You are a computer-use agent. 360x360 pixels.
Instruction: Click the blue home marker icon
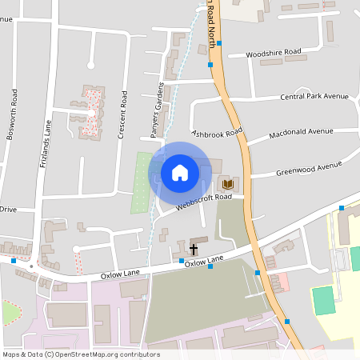point(180,172)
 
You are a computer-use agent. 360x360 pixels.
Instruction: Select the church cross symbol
point(193,250)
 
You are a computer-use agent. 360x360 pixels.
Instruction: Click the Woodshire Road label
point(275,53)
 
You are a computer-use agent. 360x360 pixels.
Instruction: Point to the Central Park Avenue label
point(314,96)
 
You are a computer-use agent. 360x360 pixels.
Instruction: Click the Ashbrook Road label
point(217,133)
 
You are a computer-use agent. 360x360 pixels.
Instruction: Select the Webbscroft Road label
point(204,198)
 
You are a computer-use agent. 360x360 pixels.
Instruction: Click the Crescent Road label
point(123,114)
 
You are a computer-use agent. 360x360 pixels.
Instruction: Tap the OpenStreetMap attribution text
point(80,354)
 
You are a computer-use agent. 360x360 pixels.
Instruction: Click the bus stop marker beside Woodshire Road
point(210,64)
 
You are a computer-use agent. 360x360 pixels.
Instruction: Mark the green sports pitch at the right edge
point(324,300)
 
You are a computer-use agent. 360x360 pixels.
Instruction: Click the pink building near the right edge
point(279,282)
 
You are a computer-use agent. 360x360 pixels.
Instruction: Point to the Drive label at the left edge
point(8,209)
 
